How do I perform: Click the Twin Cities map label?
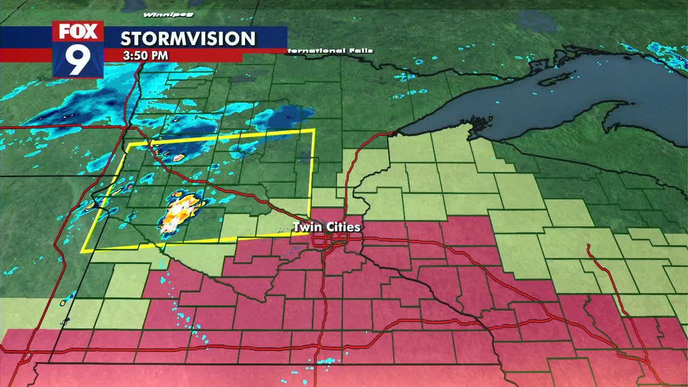coord(326,227)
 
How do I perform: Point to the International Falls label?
coord(329,51)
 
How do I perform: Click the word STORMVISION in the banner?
coord(188,39)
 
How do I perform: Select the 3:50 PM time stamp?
coord(145,55)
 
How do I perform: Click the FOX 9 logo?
coord(78,49)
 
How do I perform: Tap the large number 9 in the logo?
coord(78,60)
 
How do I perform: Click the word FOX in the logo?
coord(78,32)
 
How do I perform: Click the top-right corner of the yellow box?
coord(314,130)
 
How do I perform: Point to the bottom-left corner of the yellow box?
coord(82,252)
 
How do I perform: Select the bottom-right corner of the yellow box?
coord(309,233)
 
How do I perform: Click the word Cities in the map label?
coord(342,227)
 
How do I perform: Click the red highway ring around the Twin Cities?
coord(326,242)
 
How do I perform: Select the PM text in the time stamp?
coord(159,55)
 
